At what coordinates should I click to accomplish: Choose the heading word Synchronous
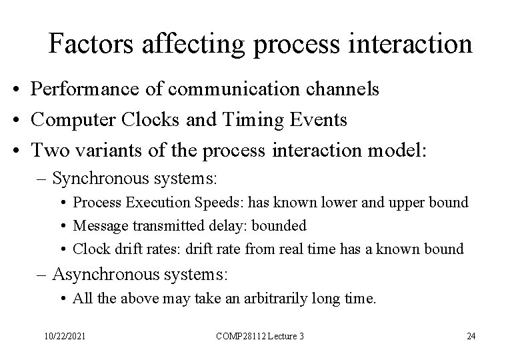(98, 179)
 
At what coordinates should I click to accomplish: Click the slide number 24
(471, 336)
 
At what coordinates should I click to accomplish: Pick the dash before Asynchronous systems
(43, 274)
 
